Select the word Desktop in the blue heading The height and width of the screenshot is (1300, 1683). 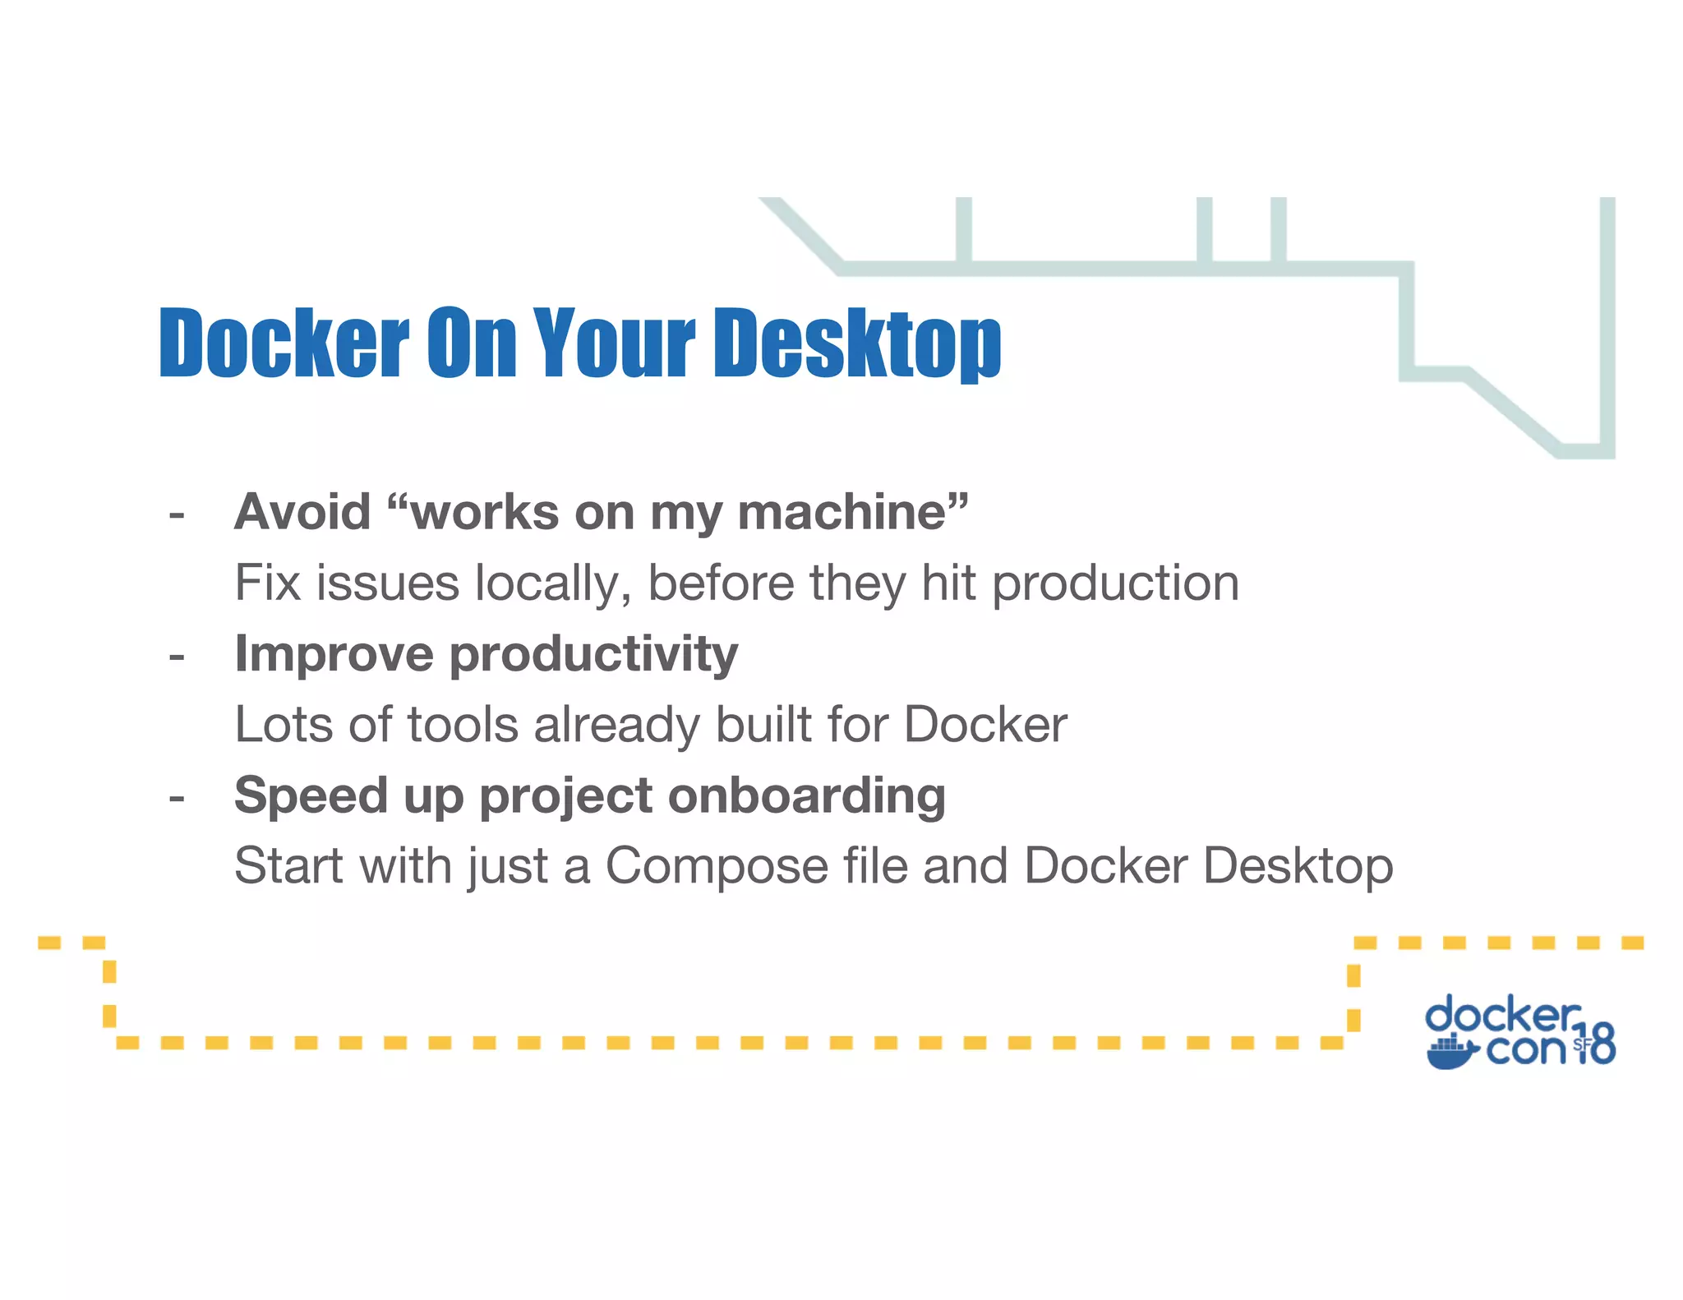click(857, 343)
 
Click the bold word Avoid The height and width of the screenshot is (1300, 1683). click(302, 512)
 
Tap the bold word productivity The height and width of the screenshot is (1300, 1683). click(593, 655)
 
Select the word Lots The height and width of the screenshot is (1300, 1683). click(284, 725)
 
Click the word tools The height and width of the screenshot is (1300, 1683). click(463, 725)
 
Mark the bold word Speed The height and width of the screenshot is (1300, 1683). click(311, 796)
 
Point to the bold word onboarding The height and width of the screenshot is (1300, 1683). click(806, 796)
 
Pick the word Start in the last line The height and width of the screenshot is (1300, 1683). click(288, 866)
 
